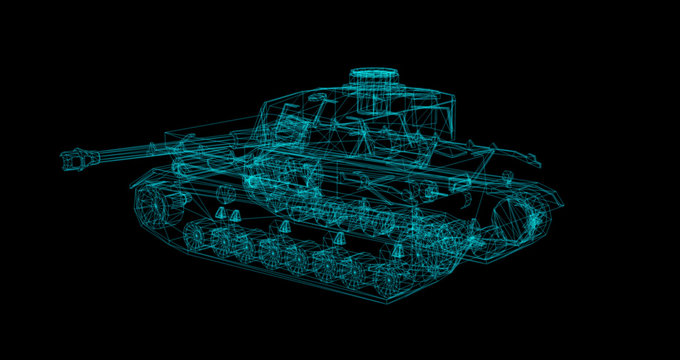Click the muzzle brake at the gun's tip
click(76, 157)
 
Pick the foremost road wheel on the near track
click(198, 238)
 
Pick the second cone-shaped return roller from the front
click(236, 216)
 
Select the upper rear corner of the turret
click(453, 97)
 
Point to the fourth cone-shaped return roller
click(340, 241)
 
